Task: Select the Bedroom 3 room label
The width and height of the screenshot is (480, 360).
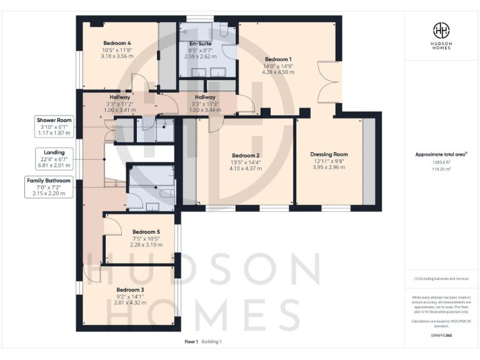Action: pyautogui.click(x=130, y=290)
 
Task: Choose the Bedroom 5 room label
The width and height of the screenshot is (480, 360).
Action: pyautogui.click(x=146, y=231)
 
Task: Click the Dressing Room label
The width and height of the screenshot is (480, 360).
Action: pyautogui.click(x=329, y=154)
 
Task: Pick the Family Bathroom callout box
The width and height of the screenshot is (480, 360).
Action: pyautogui.click(x=49, y=187)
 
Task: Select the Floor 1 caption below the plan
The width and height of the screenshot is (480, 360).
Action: pyautogui.click(x=191, y=341)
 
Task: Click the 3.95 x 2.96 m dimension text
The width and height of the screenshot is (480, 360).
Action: pyautogui.click(x=329, y=167)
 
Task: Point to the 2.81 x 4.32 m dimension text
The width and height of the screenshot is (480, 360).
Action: pyautogui.click(x=130, y=302)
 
